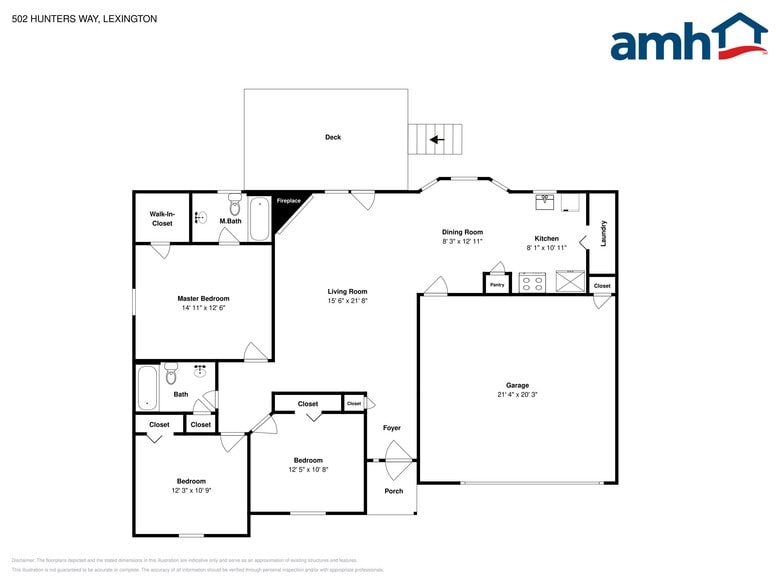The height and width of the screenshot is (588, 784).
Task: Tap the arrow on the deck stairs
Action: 435,140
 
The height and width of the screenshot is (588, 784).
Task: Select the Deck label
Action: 332,137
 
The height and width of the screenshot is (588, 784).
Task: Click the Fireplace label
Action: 288,201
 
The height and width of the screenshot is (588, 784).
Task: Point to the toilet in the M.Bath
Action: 235,207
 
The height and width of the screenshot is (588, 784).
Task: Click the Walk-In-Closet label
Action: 162,218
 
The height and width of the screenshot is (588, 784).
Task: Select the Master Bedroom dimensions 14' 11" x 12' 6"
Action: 203,308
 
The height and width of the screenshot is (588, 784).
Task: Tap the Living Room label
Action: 347,291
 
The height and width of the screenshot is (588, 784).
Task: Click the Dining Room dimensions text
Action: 462,241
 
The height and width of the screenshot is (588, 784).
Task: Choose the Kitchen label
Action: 546,238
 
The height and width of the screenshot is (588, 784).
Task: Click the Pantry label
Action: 497,285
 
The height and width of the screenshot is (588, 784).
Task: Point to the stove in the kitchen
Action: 531,282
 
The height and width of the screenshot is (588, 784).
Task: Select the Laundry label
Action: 604,234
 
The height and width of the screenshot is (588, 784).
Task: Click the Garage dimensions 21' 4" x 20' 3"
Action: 517,394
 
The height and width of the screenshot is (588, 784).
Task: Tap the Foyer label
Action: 392,428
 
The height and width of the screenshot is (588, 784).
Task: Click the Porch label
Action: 394,491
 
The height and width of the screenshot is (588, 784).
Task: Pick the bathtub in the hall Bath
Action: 147,388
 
